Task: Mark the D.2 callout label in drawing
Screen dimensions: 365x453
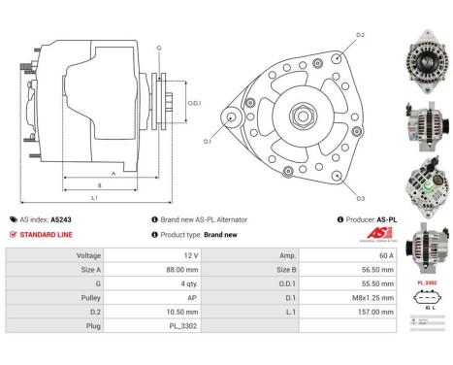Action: [359, 35]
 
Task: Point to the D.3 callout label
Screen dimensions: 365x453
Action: [359, 198]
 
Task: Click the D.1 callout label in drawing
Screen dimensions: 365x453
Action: [207, 141]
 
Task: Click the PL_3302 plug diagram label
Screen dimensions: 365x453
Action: [426, 282]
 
